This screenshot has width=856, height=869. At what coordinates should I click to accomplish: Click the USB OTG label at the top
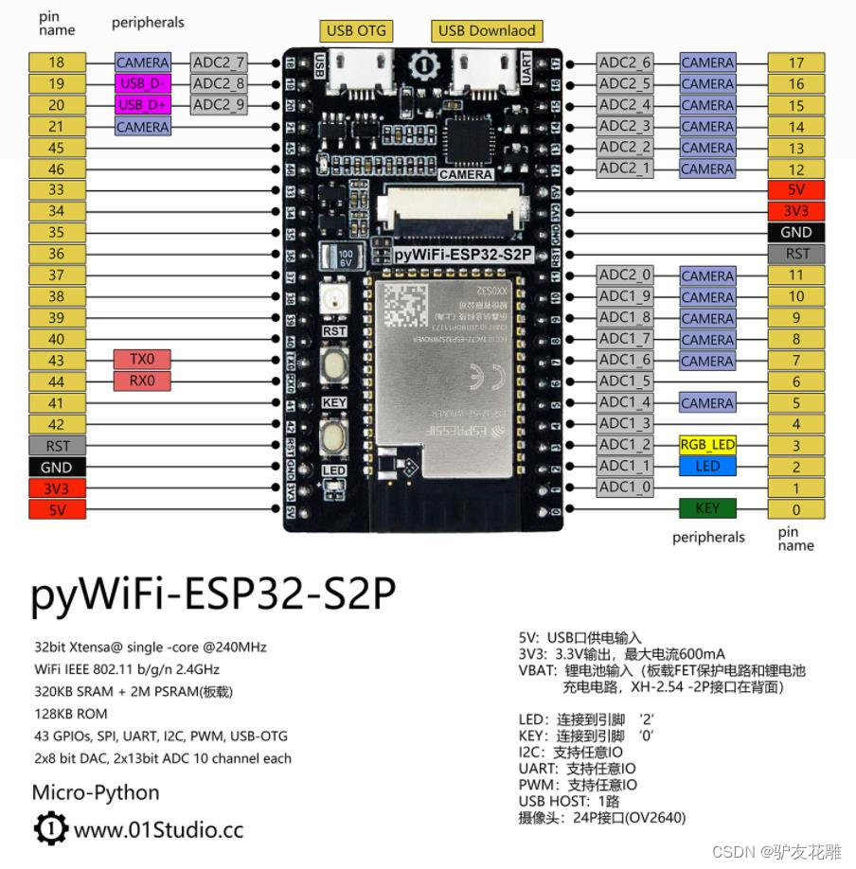(356, 30)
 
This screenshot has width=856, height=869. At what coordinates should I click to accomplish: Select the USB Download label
(487, 30)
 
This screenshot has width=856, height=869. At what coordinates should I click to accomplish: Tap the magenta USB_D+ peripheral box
(143, 105)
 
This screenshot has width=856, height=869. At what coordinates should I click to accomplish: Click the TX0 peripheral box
(142, 360)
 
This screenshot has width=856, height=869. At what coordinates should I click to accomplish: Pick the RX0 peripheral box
(142, 381)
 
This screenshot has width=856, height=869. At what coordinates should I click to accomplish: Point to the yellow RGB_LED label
(706, 445)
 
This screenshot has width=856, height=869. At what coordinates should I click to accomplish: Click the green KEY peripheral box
(706, 508)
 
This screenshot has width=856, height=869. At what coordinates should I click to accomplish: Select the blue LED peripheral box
(706, 466)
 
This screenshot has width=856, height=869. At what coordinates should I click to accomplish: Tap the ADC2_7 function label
(219, 62)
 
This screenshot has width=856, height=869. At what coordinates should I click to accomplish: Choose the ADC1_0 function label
(625, 487)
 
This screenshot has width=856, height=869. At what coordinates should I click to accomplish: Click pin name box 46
(57, 169)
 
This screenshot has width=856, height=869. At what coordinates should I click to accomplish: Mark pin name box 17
(796, 62)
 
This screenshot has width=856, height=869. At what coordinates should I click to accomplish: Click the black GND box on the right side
(796, 232)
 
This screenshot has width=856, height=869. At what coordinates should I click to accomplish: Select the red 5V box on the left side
(57, 510)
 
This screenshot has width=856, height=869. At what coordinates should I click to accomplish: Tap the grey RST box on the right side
(796, 254)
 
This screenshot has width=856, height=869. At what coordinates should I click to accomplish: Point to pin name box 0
(796, 510)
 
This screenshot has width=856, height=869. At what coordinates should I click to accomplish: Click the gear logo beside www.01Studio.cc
(49, 829)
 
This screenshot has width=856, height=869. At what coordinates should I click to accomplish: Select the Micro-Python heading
(96, 792)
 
